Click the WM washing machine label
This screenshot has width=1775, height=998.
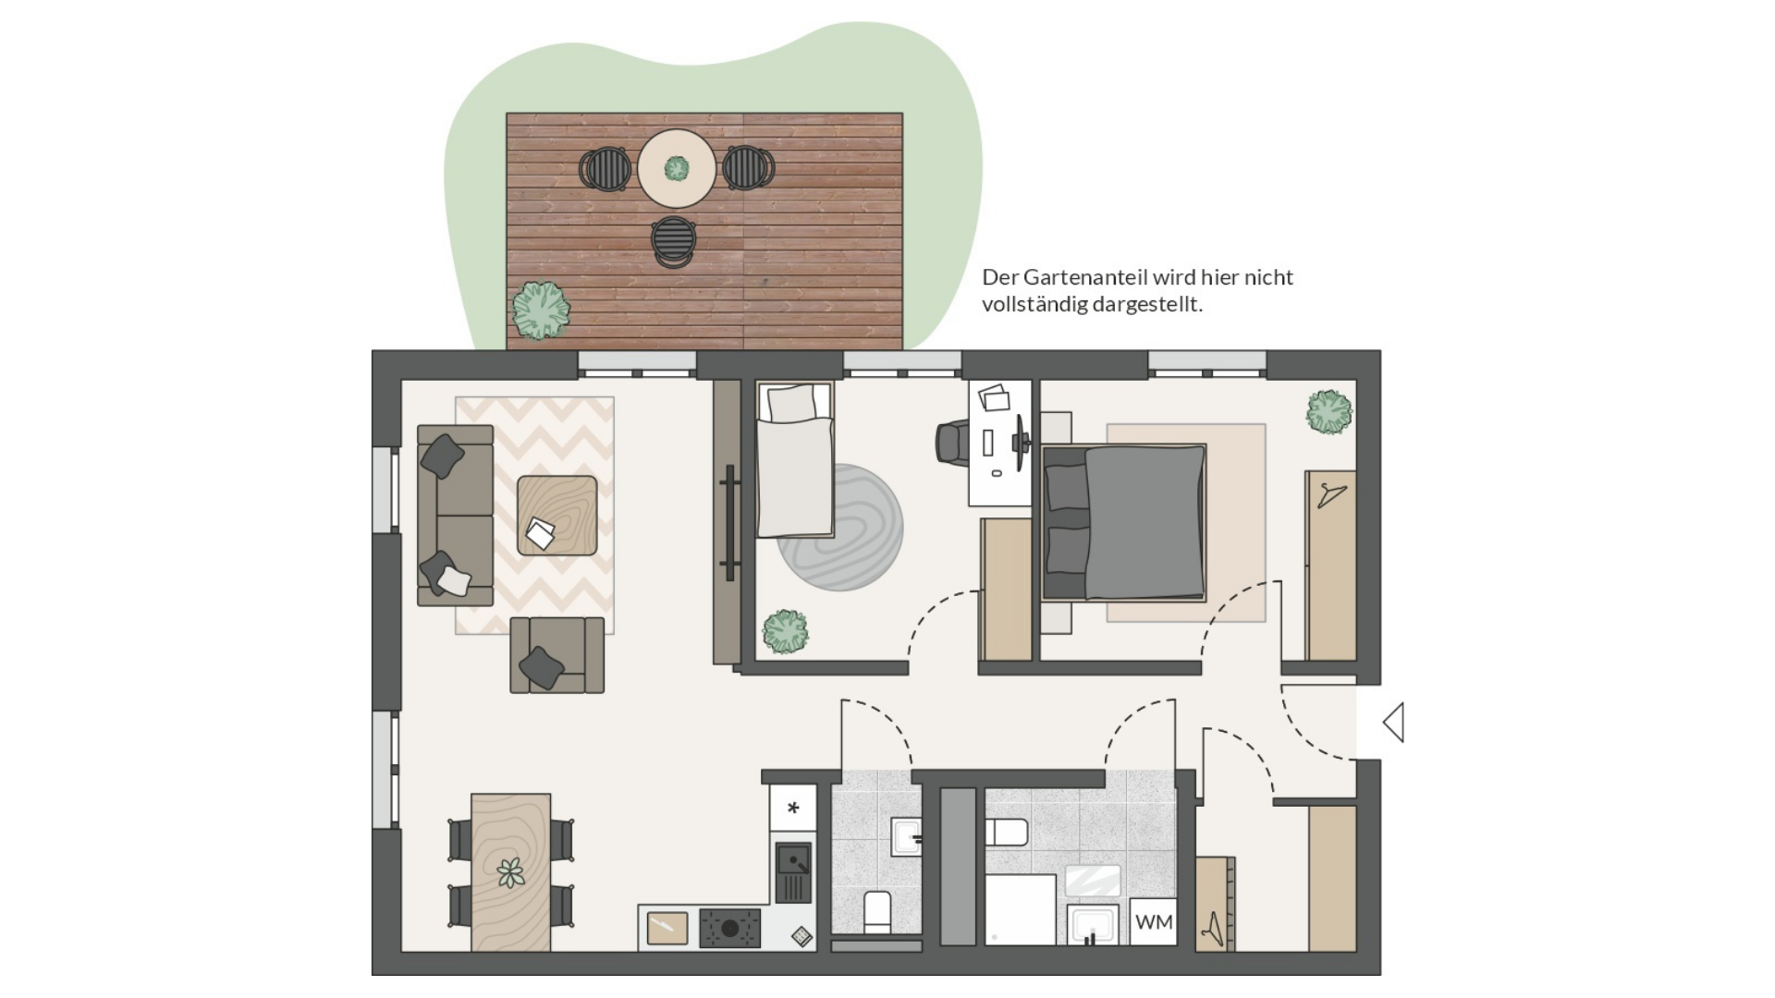pos(1153,921)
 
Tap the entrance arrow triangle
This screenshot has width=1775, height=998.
pos(1394,722)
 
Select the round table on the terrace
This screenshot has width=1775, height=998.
pos(677,168)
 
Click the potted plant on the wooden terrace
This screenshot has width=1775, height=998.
pos(540,310)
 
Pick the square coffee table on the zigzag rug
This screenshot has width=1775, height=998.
pos(557,515)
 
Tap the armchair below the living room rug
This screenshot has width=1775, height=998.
pos(557,654)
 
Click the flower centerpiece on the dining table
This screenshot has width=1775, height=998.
pos(510,872)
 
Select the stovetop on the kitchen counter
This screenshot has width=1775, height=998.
pos(729,929)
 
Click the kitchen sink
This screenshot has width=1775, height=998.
pos(793,872)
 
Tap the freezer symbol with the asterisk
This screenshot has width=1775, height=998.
pos(793,808)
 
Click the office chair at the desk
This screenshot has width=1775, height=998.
pos(952,442)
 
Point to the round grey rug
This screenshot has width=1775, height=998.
pos(839,527)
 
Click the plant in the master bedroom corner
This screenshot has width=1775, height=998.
pos(1329,412)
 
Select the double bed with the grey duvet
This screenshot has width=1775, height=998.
pos(1124,523)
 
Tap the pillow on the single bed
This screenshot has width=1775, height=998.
pos(792,403)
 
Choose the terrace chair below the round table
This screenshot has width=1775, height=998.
pos(673,241)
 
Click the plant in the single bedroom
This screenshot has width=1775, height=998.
pos(785,632)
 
